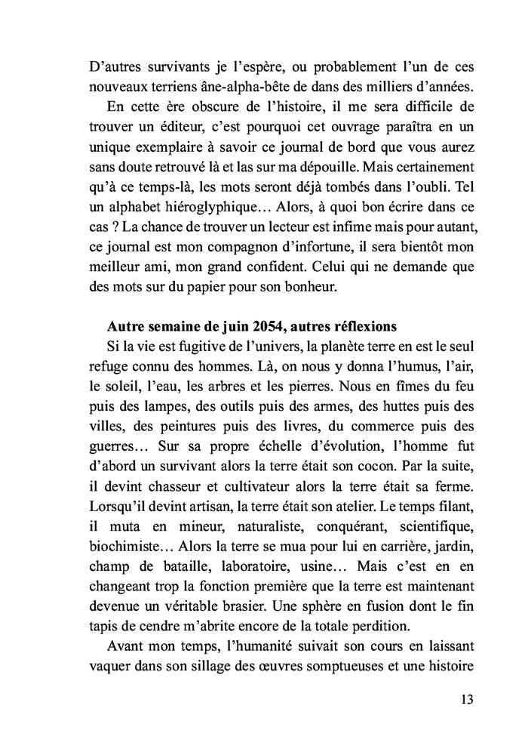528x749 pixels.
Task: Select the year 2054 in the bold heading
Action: click(254, 348)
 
